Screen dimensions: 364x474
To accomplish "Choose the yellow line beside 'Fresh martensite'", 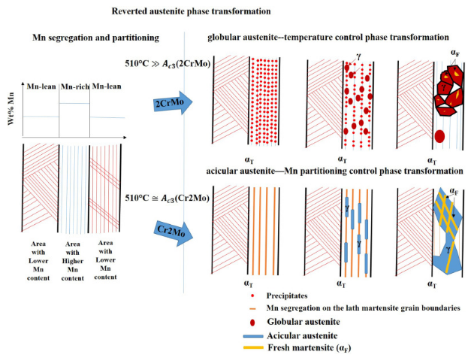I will tap(237, 348).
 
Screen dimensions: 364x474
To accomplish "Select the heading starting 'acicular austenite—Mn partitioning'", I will tap(335, 171).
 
